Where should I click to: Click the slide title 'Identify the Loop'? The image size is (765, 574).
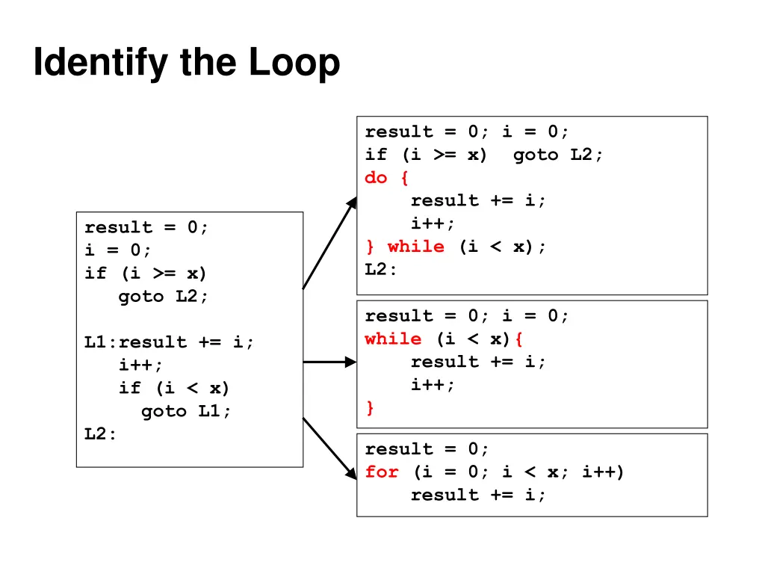(187, 64)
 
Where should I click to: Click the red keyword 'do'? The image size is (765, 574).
(376, 178)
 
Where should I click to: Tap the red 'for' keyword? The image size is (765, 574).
(382, 472)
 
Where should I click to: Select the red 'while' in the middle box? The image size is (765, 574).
(393, 339)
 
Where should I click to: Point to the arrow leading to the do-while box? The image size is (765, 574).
(329, 243)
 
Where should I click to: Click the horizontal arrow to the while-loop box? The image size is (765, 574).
(329, 362)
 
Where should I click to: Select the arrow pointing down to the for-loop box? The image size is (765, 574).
(329, 447)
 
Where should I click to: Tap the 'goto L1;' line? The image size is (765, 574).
(186, 411)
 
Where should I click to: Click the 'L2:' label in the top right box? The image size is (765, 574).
(381, 270)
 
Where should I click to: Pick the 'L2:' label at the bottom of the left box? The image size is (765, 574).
(101, 434)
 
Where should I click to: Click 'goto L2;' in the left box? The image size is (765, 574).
(164, 296)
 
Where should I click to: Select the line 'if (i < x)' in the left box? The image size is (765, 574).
(173, 388)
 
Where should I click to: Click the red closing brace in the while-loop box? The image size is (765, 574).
(370, 408)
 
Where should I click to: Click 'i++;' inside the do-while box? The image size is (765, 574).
(433, 223)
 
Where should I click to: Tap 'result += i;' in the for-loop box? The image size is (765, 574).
(478, 495)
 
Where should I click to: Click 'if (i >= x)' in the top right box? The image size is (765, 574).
(426, 155)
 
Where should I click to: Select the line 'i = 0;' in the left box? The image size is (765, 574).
(118, 250)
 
